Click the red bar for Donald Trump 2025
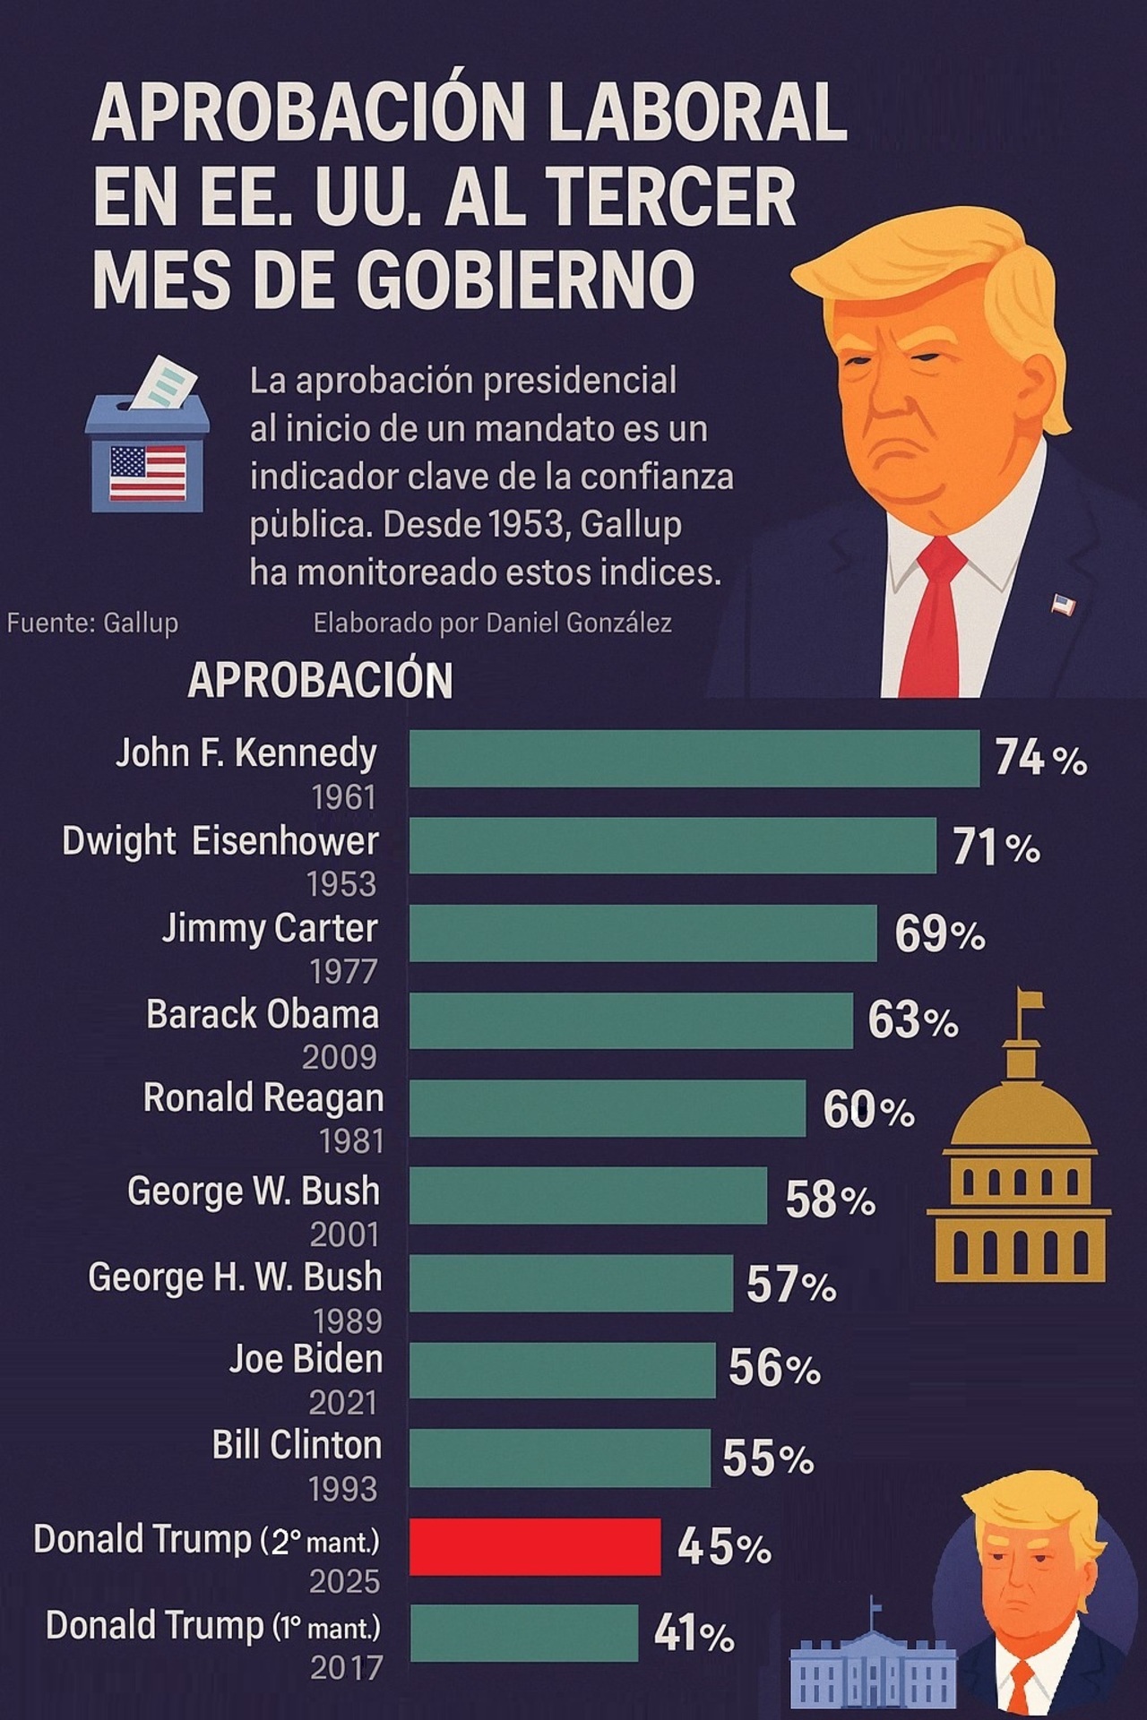click(x=535, y=1546)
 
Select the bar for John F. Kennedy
click(x=694, y=758)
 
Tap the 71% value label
click(x=996, y=847)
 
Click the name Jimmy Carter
click(x=270, y=928)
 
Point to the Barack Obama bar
click(x=631, y=1020)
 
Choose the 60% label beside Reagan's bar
click(x=868, y=1110)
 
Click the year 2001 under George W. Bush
click(x=344, y=1235)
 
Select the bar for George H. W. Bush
click(x=571, y=1283)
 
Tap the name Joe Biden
click(x=306, y=1359)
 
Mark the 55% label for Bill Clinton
click(x=768, y=1458)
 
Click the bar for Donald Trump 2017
click(x=523, y=1632)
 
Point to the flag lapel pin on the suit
click(x=1063, y=606)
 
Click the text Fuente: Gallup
click(x=92, y=623)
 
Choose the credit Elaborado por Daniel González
click(x=492, y=623)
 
